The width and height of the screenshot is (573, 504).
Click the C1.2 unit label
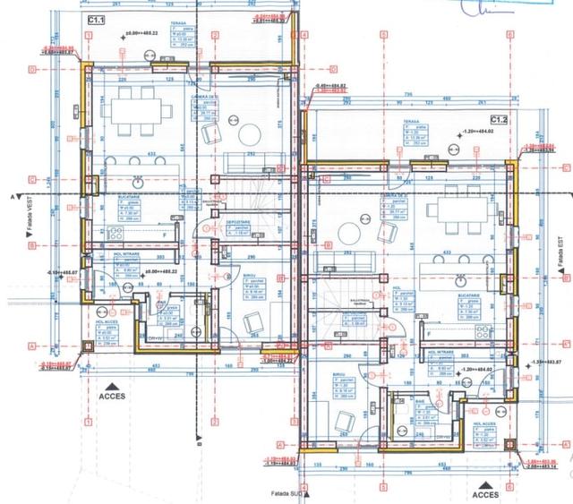point(499,119)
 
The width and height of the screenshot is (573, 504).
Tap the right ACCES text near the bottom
point(485,493)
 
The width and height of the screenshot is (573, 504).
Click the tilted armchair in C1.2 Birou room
point(342,417)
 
